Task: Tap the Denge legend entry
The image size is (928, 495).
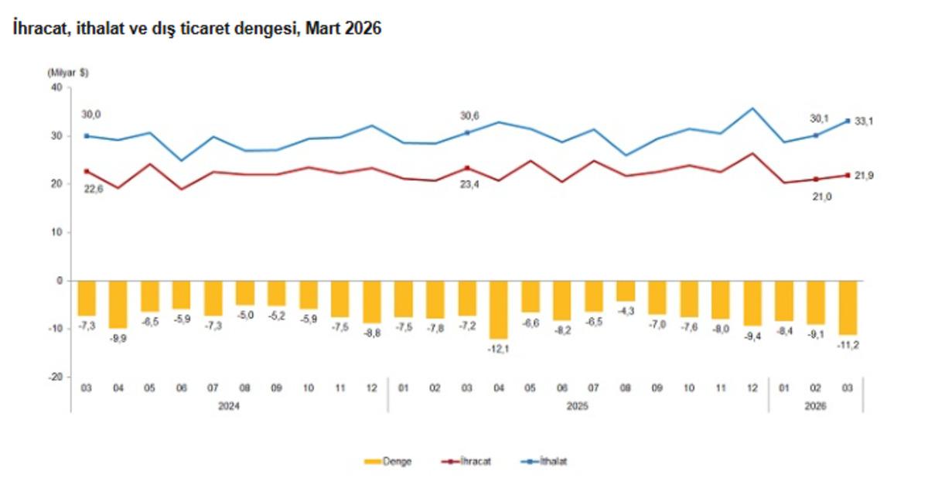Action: (387, 462)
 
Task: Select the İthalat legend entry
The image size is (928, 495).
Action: (544, 462)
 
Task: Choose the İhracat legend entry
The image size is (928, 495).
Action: (466, 462)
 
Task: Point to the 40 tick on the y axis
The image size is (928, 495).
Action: (56, 87)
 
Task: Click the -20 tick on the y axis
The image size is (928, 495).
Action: (55, 377)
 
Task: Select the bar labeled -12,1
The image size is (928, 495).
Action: (498, 310)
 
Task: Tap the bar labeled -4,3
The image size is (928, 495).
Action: (626, 292)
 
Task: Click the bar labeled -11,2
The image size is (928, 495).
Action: (848, 308)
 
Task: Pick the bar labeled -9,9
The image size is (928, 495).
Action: (118, 305)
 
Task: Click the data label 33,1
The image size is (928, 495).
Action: (864, 121)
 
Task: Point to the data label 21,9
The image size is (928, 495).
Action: (864, 176)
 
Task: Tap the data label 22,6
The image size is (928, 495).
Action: (94, 189)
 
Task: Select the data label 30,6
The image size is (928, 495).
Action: (469, 115)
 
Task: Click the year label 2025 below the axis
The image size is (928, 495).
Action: (577, 406)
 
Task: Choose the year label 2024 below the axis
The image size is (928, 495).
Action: (229, 406)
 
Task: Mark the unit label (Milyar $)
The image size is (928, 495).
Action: (68, 73)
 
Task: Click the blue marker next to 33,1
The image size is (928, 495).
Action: (848, 121)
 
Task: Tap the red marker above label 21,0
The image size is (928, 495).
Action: (816, 179)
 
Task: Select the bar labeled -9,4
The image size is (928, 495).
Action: (752, 304)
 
